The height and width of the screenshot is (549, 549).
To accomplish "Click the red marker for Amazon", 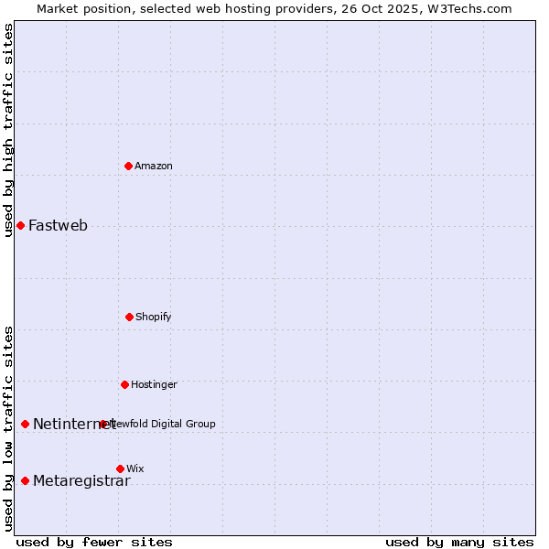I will [x=129, y=166].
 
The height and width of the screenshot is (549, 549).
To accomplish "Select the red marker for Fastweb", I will [x=20, y=225].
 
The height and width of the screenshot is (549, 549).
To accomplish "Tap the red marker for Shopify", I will [x=129, y=317].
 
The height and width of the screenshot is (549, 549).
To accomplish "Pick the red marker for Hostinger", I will [x=124, y=384].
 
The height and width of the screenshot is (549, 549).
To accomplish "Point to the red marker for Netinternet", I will [x=25, y=424].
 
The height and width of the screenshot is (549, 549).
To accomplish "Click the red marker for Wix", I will [x=120, y=468].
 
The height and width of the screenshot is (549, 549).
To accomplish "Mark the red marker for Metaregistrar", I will [x=25, y=480].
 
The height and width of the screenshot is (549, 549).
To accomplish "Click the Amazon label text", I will [x=154, y=166].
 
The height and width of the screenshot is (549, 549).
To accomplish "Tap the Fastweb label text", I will [x=58, y=226].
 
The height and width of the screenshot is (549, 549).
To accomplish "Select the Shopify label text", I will [x=154, y=317].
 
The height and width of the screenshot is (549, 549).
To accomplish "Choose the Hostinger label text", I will [x=154, y=384].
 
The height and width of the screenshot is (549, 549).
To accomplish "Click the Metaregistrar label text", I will [x=81, y=481].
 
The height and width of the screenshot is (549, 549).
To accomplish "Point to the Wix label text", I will [x=135, y=468].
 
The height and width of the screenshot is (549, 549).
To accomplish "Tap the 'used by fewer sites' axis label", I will [x=94, y=542].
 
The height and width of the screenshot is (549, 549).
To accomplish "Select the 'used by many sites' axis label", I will [x=459, y=542].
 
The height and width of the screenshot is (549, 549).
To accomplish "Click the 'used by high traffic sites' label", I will [x=8, y=130].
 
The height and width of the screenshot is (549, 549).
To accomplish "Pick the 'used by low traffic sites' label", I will [x=8, y=428].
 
